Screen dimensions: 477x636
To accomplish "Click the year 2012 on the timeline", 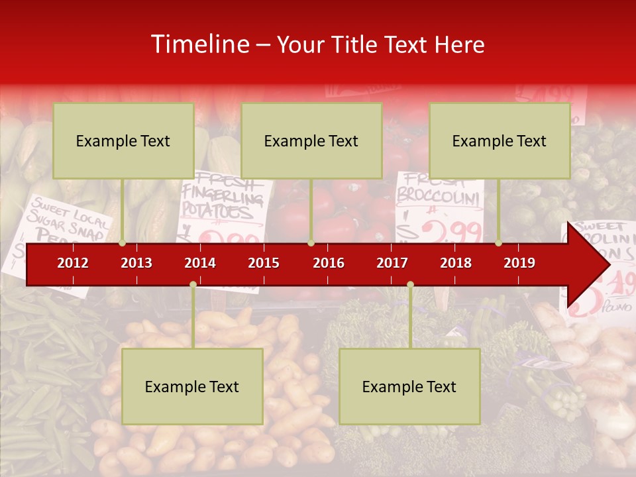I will (x=73, y=263).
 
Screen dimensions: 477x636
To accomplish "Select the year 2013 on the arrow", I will (x=136, y=263).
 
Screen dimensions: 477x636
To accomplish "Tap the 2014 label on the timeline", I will (x=200, y=263).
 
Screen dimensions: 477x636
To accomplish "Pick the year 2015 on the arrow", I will (x=264, y=263).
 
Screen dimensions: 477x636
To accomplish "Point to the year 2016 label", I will (x=329, y=263).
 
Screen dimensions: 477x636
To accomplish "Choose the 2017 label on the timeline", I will (x=392, y=263).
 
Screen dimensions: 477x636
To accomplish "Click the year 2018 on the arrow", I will (x=456, y=263).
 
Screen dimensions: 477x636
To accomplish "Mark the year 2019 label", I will (x=519, y=263).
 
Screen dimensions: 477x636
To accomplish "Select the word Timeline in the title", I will (x=198, y=44).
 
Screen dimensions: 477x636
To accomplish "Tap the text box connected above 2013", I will (x=123, y=140).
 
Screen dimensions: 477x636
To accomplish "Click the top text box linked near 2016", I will (x=311, y=140).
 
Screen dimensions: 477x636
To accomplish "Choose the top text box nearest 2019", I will (x=500, y=140).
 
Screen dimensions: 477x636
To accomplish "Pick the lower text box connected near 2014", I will (x=192, y=386).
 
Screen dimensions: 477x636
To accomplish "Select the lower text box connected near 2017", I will (x=409, y=386).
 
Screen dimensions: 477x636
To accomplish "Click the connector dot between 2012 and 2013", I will (x=123, y=243).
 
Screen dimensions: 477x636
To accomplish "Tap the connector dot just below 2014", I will (x=193, y=284).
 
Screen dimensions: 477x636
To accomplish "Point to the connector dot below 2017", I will (x=410, y=284).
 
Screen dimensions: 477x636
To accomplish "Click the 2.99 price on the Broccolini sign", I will (x=451, y=231).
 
